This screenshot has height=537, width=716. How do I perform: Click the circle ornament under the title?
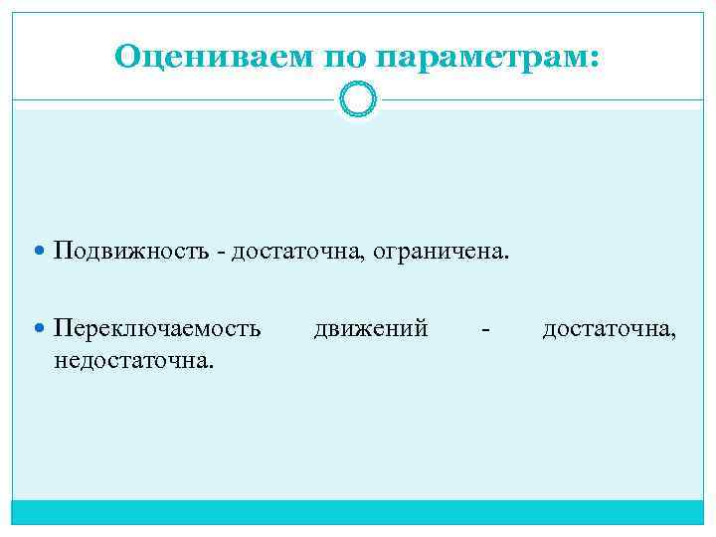pos(358,99)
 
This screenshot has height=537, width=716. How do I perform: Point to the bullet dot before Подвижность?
pos(41,250)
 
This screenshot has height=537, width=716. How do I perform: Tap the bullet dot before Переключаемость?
pos(41,327)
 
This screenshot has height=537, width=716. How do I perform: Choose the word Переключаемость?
pos(158,326)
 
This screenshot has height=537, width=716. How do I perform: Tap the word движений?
pos(371,326)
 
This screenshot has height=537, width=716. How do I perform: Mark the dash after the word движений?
pos(484,328)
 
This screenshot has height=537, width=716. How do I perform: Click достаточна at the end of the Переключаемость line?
pos(610,326)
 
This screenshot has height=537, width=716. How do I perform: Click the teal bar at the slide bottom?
pos(358,511)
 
